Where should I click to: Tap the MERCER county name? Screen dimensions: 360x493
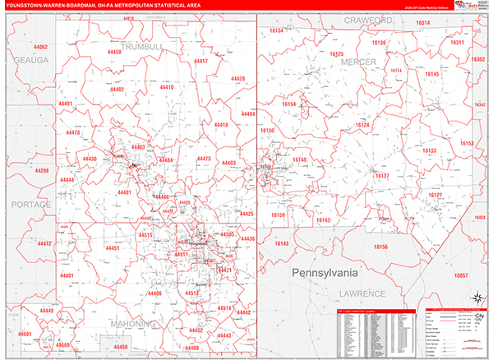tap(358, 62)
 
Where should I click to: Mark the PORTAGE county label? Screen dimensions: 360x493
tap(30, 204)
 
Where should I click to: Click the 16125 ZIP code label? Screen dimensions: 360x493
tap(337, 53)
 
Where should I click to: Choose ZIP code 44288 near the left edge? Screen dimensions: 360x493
tap(42, 170)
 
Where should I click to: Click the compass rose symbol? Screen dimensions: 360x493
tap(476, 299)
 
